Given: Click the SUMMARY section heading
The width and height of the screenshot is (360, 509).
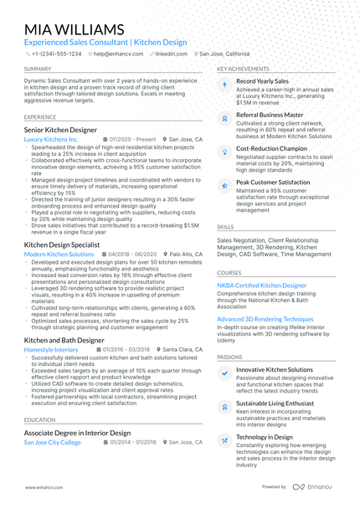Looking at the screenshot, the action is (x=38, y=69).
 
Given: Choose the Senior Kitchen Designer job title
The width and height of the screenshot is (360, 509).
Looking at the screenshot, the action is (x=60, y=131).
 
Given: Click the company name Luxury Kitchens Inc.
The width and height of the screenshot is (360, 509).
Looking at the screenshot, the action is (x=51, y=139).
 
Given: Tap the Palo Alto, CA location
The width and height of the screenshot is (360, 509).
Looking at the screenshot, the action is (x=185, y=254).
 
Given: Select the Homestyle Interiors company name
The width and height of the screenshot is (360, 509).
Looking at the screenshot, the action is (x=51, y=349).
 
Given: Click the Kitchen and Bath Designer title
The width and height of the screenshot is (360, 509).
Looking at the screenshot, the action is (x=64, y=341).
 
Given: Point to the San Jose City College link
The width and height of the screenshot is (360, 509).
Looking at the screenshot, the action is (x=53, y=442).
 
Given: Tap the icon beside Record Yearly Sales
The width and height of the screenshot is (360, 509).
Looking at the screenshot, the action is (x=224, y=85).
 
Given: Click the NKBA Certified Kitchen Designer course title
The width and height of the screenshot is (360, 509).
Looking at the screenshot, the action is (x=261, y=285).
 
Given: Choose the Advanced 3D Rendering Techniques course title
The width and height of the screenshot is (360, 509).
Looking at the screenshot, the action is (x=265, y=319).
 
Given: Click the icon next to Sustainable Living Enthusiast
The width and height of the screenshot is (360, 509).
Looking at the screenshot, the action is (x=224, y=407).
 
